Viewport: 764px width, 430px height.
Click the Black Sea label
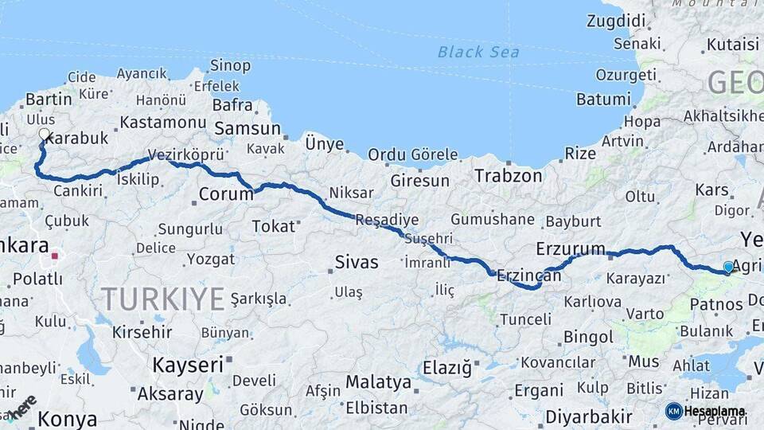tap(478, 53)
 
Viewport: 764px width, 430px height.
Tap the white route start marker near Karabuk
tap(44, 135)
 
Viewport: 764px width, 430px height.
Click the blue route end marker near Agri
tap(728, 268)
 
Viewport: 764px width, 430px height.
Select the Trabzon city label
tap(509, 175)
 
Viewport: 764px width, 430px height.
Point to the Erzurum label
tap(571, 248)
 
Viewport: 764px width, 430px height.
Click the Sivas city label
tap(356, 262)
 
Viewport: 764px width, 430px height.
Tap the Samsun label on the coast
tap(247, 128)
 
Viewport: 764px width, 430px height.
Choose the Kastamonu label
tap(163, 122)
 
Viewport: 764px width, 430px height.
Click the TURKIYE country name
tap(162, 299)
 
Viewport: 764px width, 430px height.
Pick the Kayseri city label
tap(187, 365)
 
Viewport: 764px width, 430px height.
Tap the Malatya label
tap(378, 381)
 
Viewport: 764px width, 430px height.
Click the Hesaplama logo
tap(706, 411)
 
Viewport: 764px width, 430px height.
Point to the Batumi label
tap(603, 100)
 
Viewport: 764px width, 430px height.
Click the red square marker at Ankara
tap(55, 256)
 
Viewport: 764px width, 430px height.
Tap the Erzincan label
tap(528, 276)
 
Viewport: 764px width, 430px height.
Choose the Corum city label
tap(226, 193)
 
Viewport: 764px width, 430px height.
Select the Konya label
tap(68, 418)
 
